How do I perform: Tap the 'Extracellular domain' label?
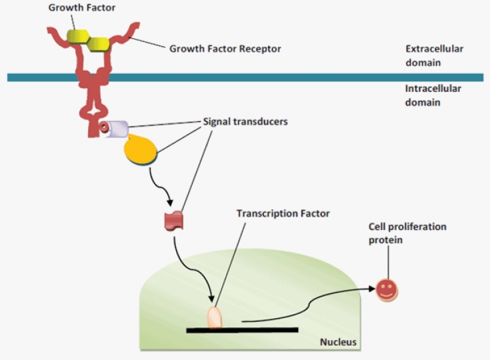pos(434,56)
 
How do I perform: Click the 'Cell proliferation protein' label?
pos(407,233)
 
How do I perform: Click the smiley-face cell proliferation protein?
pos(386,290)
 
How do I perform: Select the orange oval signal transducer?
pos(141,149)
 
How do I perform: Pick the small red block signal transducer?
pos(173,221)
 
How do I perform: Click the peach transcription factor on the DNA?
pos(215,317)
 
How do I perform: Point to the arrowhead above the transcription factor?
pos(212,300)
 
